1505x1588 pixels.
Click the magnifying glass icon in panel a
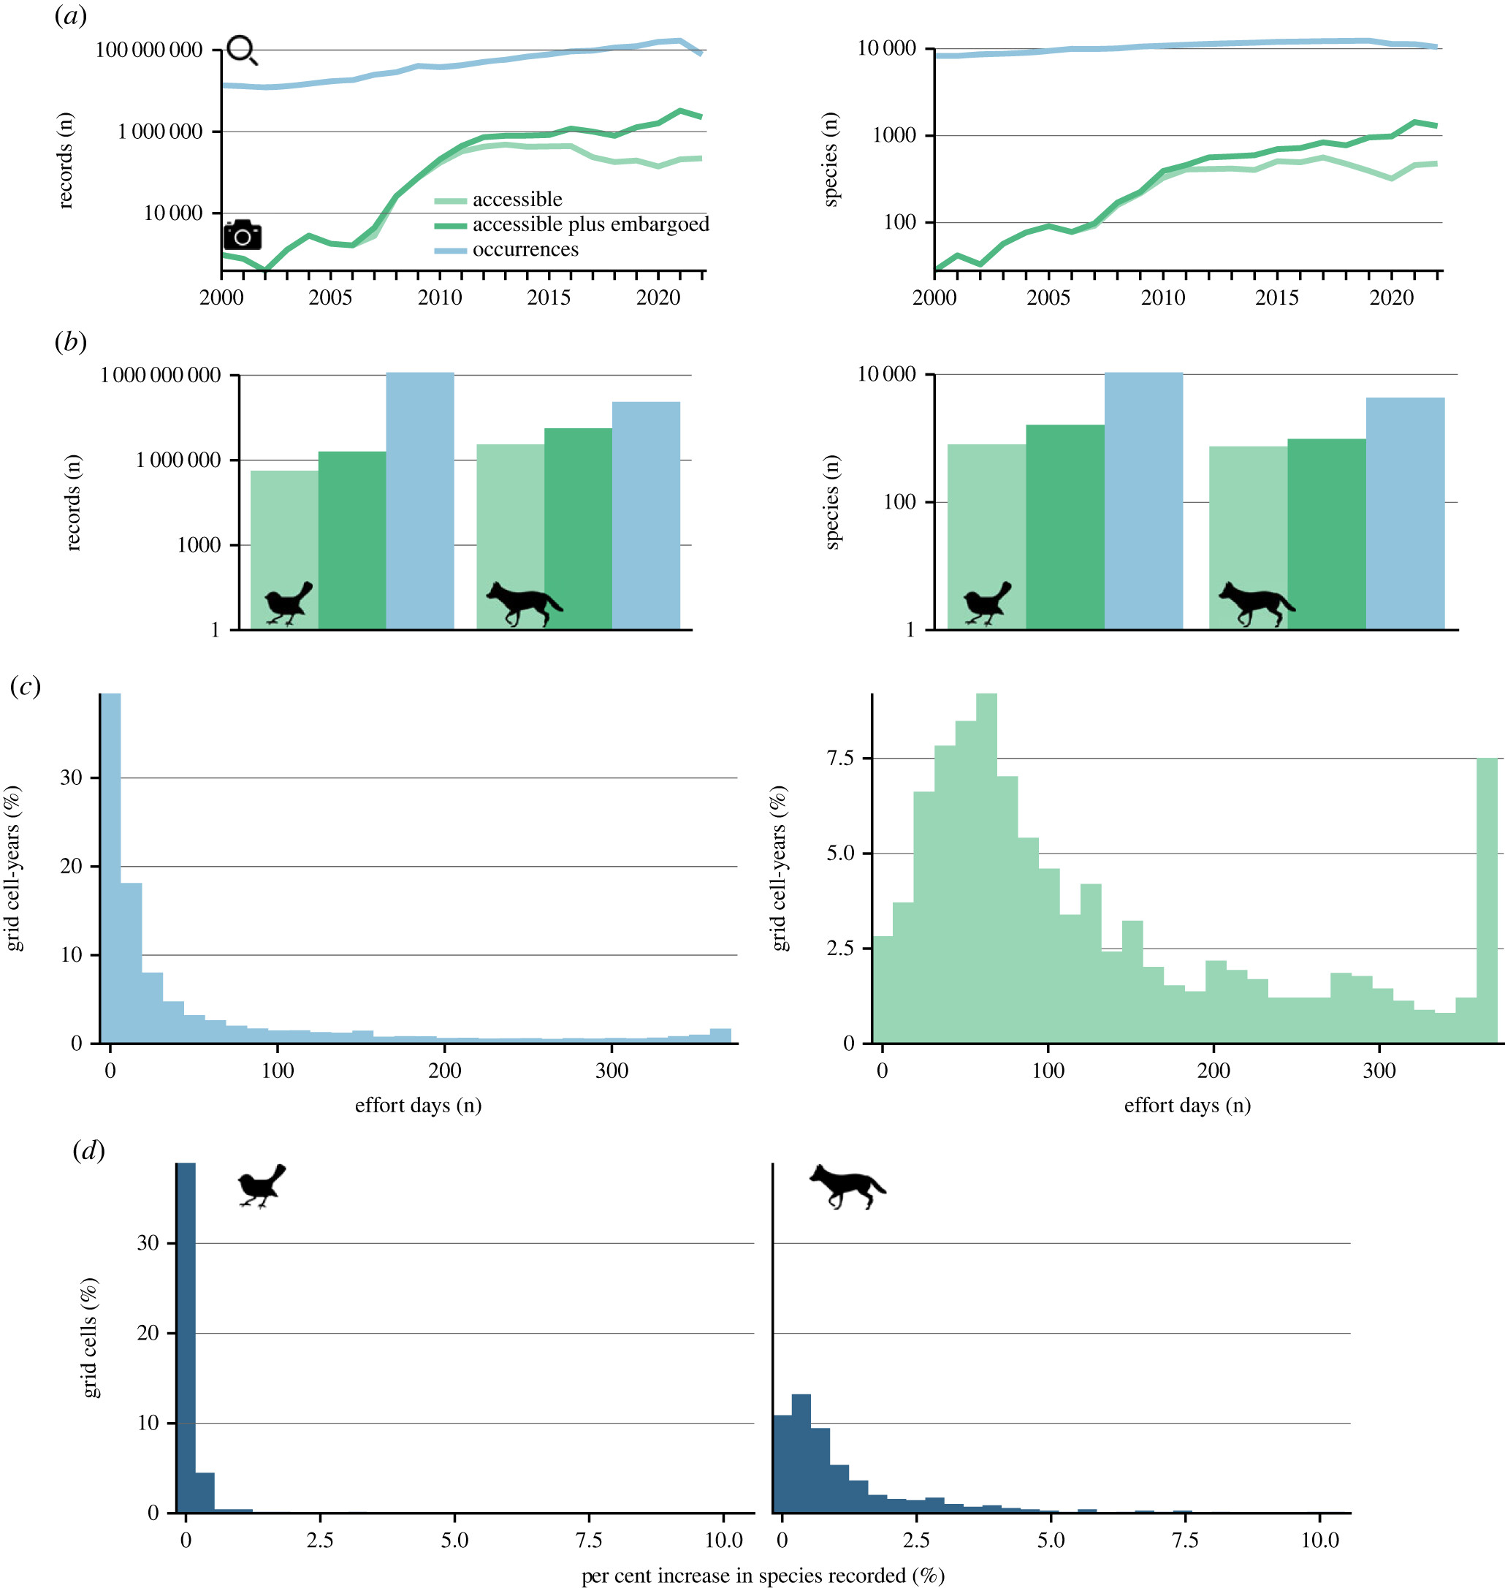click(242, 50)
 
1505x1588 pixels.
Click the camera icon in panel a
click(243, 235)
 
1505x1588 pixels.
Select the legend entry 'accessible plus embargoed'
click(590, 224)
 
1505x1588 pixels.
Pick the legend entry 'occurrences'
click(525, 249)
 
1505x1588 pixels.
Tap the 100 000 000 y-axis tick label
click(148, 50)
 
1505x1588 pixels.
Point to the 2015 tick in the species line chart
click(1276, 297)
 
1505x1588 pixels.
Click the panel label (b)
click(71, 342)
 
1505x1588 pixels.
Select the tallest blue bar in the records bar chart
click(419, 500)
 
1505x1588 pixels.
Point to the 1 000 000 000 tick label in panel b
click(160, 376)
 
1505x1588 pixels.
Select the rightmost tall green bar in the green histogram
click(1487, 900)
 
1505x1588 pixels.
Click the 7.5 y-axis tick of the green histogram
click(839, 759)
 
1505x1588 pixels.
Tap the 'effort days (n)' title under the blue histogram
click(418, 1105)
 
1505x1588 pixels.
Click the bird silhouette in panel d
click(262, 1186)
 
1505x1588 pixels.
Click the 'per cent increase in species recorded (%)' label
click(762, 1575)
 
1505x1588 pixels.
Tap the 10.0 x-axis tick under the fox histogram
click(1319, 1540)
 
